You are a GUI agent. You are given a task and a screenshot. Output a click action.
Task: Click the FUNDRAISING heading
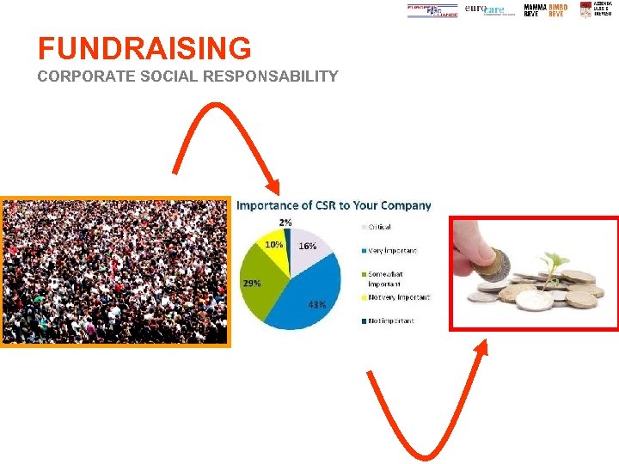tap(144, 48)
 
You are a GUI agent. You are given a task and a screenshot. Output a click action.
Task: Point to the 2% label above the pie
tap(285, 223)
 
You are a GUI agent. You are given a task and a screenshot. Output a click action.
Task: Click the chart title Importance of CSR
tap(334, 205)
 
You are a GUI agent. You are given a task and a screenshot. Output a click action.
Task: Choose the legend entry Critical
tap(379, 227)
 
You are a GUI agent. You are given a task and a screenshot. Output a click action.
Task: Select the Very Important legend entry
tap(392, 251)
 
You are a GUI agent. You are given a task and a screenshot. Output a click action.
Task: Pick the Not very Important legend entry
tap(398, 297)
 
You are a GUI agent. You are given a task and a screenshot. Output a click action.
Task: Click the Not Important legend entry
tap(390, 321)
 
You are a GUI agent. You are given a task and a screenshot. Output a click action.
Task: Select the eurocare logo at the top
tap(485, 9)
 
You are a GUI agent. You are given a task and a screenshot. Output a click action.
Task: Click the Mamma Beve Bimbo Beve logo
tap(545, 9)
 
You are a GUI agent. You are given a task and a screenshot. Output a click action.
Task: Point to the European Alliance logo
tap(432, 10)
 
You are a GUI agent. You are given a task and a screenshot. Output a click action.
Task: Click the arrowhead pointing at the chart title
tap(274, 188)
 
